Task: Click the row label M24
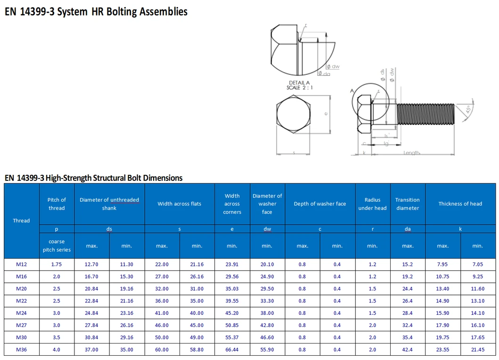[22, 313]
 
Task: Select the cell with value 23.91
[232, 264]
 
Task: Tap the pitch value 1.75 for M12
[57, 264]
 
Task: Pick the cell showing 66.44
[232, 350]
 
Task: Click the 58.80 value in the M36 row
[197, 350]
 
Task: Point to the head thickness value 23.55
[442, 350]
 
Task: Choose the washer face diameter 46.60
[267, 337]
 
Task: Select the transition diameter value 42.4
[408, 350]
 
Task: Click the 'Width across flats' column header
[179, 204]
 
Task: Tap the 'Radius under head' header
[372, 204]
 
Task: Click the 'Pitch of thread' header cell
[57, 204]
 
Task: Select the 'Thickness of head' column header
[460, 204]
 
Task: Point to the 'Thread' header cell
[22, 221]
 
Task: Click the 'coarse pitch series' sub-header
[57, 245]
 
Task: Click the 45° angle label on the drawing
[468, 109]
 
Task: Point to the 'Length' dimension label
[411, 153]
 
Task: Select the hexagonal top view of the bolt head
[293, 114]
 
